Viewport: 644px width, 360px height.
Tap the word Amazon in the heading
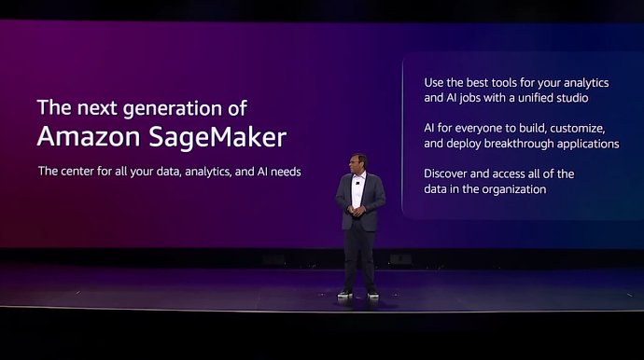tap(89, 136)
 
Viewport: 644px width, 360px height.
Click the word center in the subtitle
tap(82, 173)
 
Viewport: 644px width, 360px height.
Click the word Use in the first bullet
tap(435, 81)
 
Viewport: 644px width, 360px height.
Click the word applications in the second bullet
tap(590, 144)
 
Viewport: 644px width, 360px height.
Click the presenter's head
tap(359, 162)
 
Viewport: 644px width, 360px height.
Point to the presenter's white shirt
tap(358, 190)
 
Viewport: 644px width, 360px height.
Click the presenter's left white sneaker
tap(344, 294)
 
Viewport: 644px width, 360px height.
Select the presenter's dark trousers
tap(359, 256)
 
